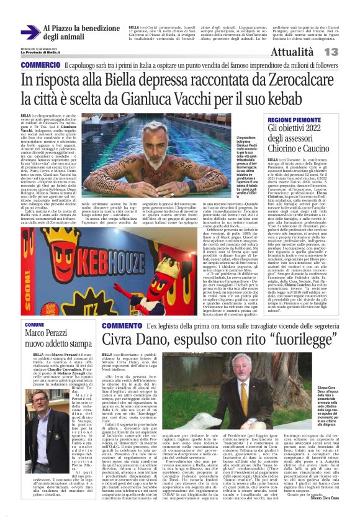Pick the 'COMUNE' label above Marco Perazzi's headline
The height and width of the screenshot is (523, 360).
(34, 325)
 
